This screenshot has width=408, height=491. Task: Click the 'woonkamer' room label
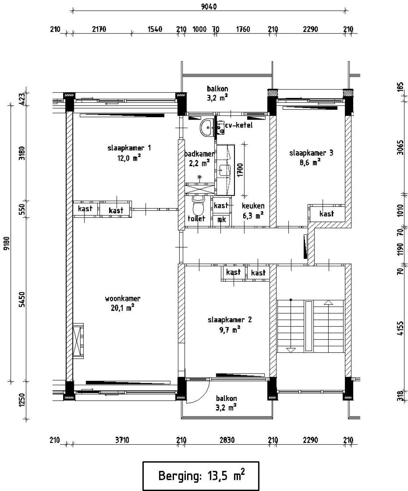pos(122,299)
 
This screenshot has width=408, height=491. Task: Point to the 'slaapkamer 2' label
pos(229,320)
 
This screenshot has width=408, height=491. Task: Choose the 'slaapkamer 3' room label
pos(311,153)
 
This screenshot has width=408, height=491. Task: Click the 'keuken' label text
pos(253,206)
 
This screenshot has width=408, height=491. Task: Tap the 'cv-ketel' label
pos(239,125)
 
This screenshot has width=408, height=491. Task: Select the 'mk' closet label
pos(221,219)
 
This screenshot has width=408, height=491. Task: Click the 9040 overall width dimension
pos(209,6)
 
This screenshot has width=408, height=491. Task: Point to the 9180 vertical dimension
pos(6,243)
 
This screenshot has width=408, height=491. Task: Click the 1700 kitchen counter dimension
pos(240,170)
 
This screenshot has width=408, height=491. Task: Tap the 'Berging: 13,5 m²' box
pos(201,476)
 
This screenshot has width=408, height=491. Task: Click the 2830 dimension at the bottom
pos(227,440)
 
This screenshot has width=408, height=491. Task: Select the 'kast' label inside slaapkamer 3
pos(326,214)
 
